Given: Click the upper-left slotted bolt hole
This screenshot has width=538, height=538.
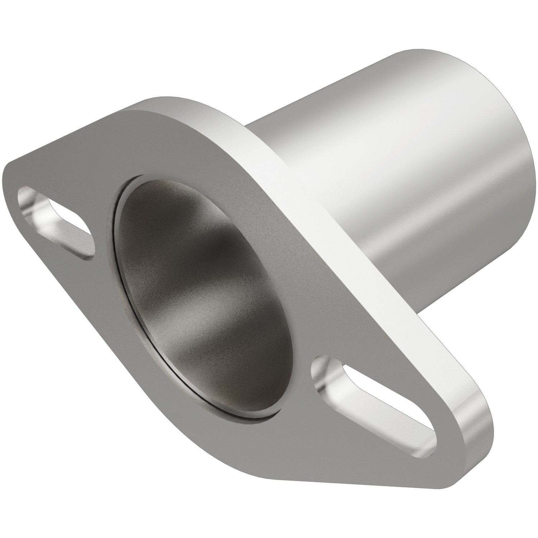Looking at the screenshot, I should click(57, 222).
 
